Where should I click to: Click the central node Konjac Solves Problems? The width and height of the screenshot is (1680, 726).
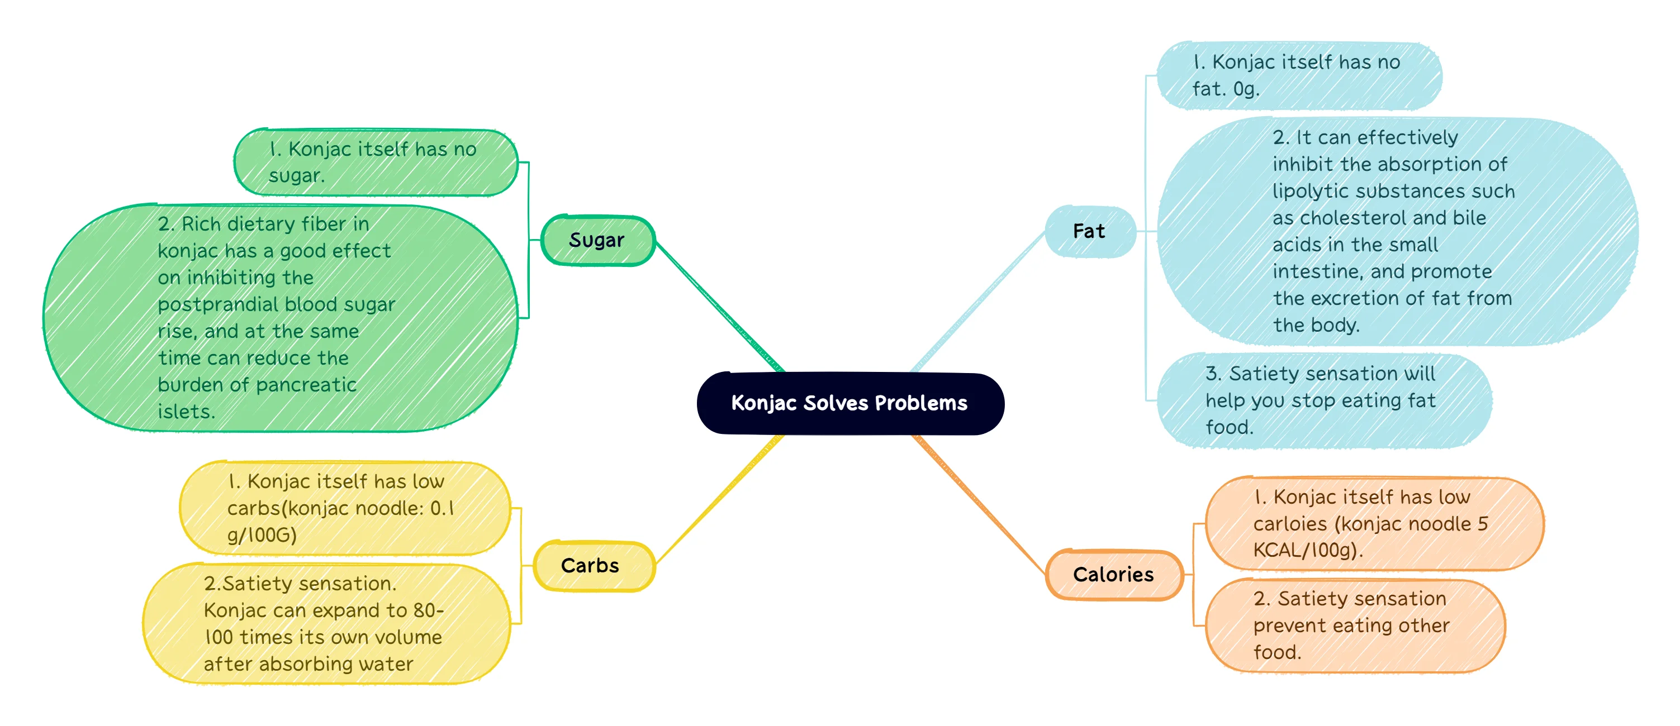850,403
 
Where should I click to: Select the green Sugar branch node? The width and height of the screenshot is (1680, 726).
597,241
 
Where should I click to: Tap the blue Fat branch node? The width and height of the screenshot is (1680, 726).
1089,231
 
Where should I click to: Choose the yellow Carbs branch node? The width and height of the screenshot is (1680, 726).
590,566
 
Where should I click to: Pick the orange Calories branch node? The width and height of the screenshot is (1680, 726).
1113,575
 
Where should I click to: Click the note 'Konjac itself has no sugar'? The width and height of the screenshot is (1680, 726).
375,163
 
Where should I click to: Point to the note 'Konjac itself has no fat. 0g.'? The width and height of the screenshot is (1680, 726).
1298,75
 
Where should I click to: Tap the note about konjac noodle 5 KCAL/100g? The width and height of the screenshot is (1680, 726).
1373,523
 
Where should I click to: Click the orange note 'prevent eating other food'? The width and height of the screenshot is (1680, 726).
1353,625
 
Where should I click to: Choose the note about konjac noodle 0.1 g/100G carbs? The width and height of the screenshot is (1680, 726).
343,508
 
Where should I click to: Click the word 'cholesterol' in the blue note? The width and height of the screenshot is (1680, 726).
1353,218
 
